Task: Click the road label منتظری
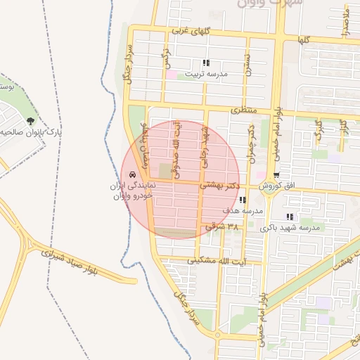point(245,111)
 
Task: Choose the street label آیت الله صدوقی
point(176,149)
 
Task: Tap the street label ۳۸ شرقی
point(223,227)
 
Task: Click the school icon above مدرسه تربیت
point(205,63)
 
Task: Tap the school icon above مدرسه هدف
point(243,200)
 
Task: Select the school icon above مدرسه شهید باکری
point(290,217)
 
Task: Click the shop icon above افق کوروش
point(276,176)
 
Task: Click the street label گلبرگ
point(319,131)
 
